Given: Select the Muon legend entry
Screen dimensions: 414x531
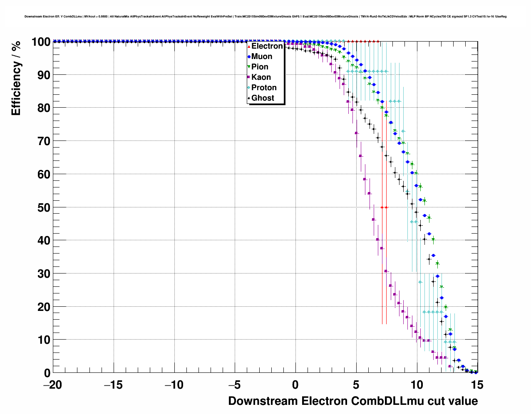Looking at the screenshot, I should tap(262, 57).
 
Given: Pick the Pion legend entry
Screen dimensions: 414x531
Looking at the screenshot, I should tap(260, 67).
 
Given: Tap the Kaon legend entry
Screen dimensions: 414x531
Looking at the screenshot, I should tap(261, 77).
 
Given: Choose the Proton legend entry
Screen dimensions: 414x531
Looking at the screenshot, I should tap(264, 88).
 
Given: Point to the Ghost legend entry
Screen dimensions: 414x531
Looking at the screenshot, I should tap(263, 98).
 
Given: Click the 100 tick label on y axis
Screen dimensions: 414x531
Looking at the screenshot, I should tap(41, 42).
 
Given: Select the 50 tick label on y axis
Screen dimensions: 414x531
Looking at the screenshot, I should tap(44, 207).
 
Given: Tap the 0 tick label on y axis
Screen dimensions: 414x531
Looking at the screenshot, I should tap(47, 373).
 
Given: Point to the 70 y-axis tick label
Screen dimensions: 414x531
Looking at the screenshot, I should tap(44, 141).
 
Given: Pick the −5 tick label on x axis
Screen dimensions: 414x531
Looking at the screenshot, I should tap(235, 385).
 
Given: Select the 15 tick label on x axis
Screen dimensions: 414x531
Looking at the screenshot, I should tap(477, 385).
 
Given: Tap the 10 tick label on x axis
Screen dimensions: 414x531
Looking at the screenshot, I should tap(417, 385).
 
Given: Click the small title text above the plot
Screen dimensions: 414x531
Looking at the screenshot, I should tap(265, 17).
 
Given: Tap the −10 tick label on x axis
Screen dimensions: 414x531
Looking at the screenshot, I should tap(174, 385).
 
